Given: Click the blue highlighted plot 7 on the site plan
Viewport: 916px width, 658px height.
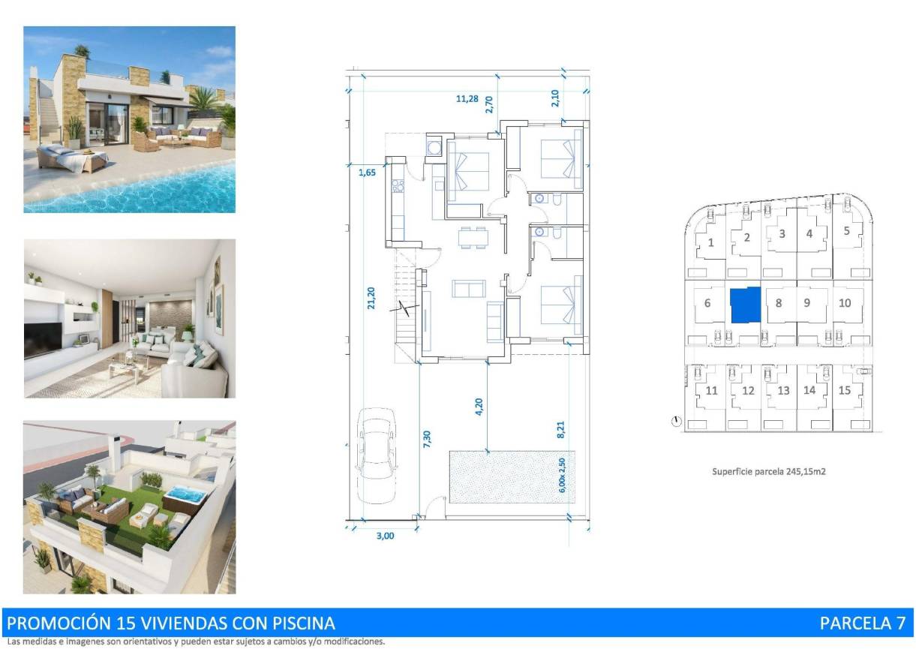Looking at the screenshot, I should [745, 305].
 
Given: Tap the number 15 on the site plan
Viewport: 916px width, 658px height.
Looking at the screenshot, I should [845, 390].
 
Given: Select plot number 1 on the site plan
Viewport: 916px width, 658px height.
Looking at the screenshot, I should [710, 242].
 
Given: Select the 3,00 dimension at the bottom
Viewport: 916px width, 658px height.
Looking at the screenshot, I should [383, 535].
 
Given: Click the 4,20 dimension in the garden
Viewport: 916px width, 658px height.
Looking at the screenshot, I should [479, 407].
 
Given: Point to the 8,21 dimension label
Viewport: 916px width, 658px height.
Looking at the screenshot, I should [560, 428].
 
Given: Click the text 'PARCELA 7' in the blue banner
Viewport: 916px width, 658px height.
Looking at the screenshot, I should [862, 623].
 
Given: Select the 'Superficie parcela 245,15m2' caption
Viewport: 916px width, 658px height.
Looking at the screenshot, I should [768, 472].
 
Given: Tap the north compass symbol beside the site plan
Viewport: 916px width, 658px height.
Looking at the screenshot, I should [677, 422].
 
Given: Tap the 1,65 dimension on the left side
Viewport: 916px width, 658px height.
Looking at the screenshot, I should [367, 172].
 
